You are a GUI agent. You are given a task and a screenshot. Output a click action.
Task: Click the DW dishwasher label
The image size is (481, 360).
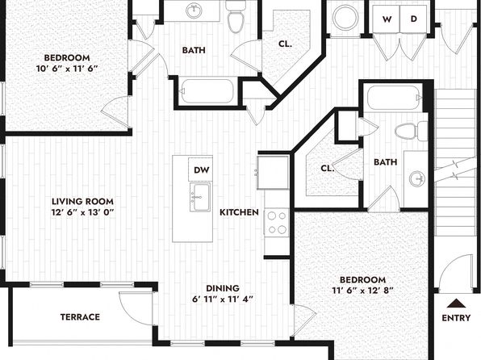(x=202, y=170)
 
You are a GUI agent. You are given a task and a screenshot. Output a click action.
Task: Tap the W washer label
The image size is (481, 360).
(x=387, y=19)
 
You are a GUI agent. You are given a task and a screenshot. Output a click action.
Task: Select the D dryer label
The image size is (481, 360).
(x=414, y=19)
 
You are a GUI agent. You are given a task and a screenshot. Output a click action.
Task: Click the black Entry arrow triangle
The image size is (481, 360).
(x=457, y=303)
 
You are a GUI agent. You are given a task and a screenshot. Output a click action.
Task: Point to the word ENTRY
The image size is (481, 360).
(x=456, y=318)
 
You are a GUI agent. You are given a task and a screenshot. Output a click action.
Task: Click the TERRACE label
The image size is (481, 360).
(x=80, y=316)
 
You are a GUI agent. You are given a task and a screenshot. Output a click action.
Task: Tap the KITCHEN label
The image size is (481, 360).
(x=239, y=212)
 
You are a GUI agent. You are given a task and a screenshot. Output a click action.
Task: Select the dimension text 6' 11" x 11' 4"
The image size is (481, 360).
(x=223, y=299)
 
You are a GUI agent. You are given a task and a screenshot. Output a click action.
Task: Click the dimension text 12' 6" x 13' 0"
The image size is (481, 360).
(x=82, y=212)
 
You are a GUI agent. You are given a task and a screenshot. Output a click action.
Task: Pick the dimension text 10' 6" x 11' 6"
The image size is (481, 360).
(x=67, y=69)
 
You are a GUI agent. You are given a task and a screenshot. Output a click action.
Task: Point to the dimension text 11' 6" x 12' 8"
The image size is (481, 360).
(x=363, y=291)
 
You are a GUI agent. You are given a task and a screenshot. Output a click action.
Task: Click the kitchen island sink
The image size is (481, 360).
(x=200, y=198)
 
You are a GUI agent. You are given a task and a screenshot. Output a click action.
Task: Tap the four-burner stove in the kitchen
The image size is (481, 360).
(x=277, y=223)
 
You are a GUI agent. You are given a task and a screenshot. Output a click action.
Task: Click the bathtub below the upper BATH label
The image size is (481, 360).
(x=207, y=91)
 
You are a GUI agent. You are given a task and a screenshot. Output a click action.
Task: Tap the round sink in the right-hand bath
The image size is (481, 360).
(x=417, y=178)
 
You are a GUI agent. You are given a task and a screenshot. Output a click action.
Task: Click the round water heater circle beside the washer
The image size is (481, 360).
(x=346, y=18)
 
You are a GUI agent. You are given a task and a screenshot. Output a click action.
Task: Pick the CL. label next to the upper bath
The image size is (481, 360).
(x=285, y=44)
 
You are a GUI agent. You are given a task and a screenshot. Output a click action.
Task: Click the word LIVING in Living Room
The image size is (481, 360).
(x=65, y=201)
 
